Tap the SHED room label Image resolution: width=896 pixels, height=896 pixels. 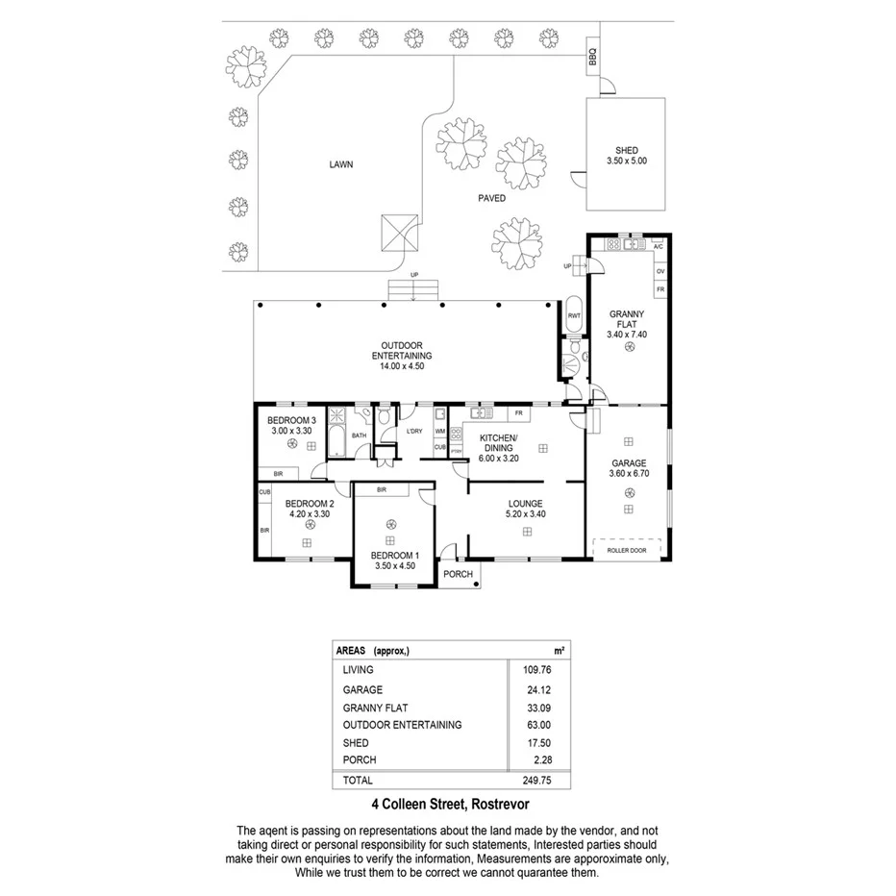[x=627, y=150]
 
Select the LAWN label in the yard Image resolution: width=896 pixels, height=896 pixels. [x=340, y=164]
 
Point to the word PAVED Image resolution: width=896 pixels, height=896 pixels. [x=492, y=198]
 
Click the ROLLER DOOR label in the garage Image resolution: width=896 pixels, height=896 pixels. [x=628, y=551]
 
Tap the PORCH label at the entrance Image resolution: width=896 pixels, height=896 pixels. [x=459, y=574]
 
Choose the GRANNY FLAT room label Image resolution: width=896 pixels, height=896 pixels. [x=627, y=319]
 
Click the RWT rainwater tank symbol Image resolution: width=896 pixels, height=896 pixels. [x=574, y=315]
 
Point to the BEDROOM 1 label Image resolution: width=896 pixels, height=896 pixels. [x=397, y=555]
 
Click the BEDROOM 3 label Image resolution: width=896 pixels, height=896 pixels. [x=292, y=421]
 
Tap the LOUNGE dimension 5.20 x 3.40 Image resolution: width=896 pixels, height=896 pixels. [x=526, y=513]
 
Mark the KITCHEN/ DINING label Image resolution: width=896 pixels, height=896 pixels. [x=498, y=442]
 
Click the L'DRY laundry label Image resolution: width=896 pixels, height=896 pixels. [x=414, y=431]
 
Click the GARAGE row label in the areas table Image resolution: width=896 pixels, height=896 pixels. [x=362, y=689]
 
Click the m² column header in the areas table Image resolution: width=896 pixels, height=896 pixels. [x=559, y=651]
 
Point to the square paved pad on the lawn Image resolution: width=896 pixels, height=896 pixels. [x=400, y=232]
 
